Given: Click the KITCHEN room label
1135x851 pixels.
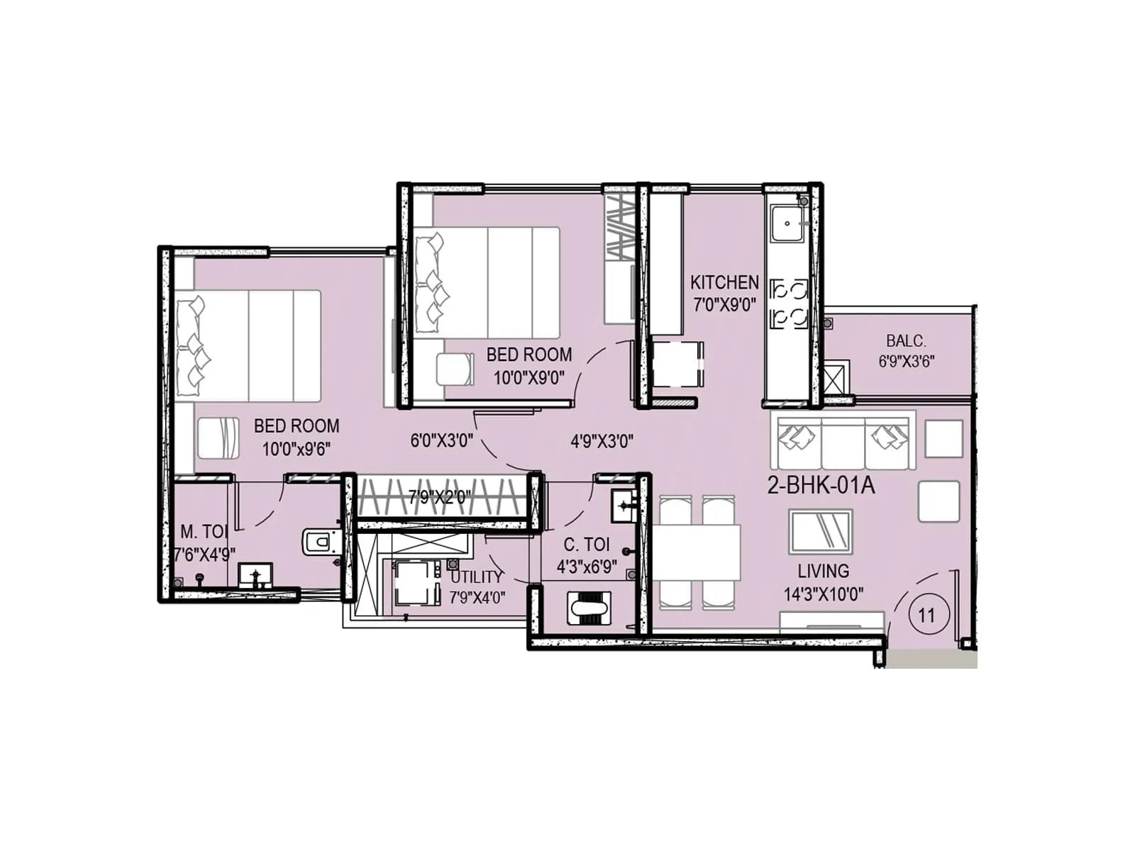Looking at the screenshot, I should [724, 282].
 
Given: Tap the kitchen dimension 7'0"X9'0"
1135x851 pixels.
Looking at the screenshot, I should [724, 305].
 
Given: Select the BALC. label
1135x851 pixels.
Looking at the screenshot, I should [906, 340].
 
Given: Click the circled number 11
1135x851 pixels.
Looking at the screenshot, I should [926, 615].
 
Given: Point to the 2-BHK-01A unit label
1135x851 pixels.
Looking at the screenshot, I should [821, 486].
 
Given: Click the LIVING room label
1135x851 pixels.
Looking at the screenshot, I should [823, 571].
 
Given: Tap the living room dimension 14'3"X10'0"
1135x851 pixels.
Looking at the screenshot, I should [823, 594].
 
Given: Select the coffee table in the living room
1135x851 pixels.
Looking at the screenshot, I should [820, 531].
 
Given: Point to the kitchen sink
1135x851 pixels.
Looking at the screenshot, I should [787, 223].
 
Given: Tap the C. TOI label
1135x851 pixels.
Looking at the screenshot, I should [586, 545].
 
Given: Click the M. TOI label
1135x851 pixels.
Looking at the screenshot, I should [204, 532].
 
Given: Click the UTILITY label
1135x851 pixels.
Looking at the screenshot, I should [476, 577].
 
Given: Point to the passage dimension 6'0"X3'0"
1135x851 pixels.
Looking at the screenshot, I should [441, 440].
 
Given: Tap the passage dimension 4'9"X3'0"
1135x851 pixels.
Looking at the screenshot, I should [602, 442].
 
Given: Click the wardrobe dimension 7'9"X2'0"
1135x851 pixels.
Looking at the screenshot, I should [440, 497].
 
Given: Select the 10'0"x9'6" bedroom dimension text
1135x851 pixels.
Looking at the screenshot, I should [296, 449].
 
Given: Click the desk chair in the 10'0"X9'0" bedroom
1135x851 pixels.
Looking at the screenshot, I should [454, 368].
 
